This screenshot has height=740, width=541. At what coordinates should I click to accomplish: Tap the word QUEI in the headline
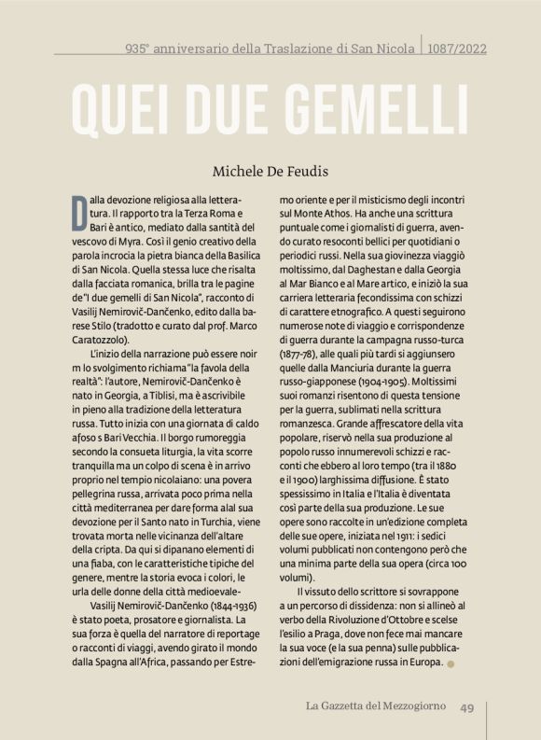(116, 113)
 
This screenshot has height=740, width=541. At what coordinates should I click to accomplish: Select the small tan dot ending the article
(452, 663)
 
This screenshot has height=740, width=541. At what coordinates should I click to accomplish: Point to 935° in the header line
(139, 49)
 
